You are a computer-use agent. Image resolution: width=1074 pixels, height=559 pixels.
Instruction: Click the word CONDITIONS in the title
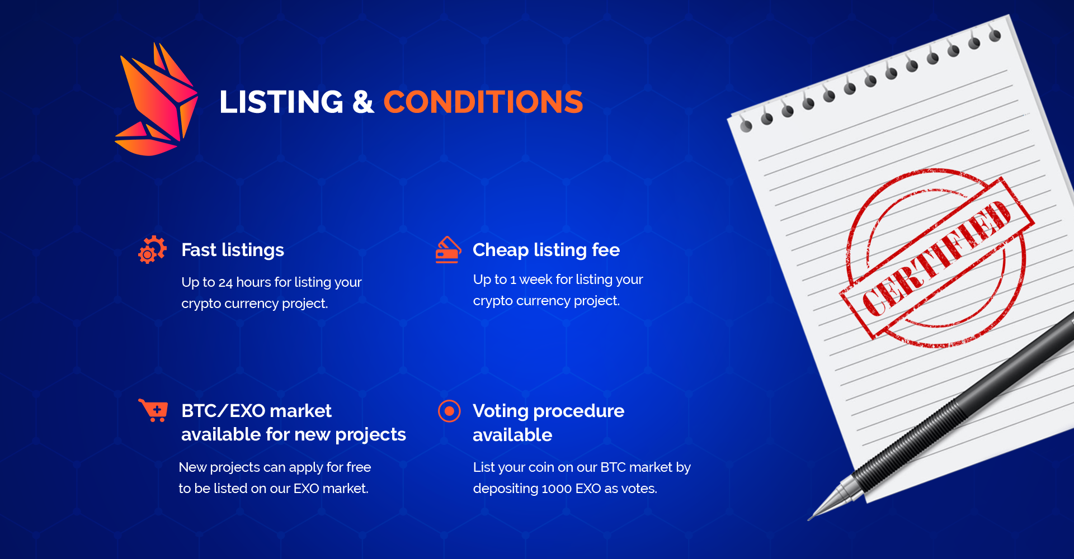[x=483, y=102]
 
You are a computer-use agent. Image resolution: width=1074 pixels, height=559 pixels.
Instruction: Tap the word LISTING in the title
[x=281, y=102]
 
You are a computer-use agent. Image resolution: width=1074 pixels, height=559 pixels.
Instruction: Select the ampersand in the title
[x=363, y=102]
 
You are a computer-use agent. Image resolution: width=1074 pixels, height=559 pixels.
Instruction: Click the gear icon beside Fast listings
[x=152, y=249]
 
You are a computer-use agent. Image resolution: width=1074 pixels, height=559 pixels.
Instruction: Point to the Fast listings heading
[x=233, y=250]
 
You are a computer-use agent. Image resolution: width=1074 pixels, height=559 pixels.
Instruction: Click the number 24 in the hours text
[x=225, y=282]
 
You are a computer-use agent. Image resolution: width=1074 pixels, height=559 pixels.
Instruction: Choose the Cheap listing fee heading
[x=546, y=250]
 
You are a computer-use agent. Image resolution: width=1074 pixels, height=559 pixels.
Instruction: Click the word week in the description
[x=535, y=279]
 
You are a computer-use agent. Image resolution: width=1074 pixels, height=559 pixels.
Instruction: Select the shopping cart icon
[x=153, y=410]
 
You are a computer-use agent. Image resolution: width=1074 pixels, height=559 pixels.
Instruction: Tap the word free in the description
[x=359, y=467]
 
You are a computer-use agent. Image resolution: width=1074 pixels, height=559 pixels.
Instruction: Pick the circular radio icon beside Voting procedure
[x=449, y=411]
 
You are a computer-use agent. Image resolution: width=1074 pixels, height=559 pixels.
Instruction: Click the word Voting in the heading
[x=501, y=411]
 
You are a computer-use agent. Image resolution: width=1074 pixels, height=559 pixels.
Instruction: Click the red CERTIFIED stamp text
[x=937, y=258]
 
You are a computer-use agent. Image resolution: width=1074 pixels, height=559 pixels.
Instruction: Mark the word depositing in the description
[x=506, y=489]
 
